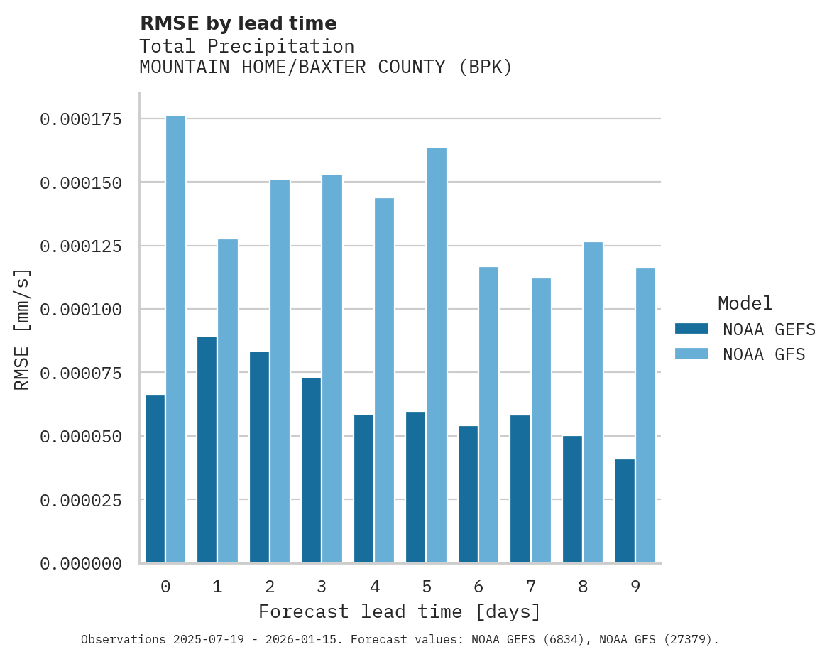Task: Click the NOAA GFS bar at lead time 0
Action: click(x=176, y=339)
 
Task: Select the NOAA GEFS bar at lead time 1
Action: click(x=207, y=450)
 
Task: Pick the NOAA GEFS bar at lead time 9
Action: click(x=625, y=511)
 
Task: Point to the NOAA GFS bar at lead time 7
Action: click(x=542, y=420)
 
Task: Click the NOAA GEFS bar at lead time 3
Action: click(x=312, y=470)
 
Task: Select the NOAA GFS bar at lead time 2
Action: click(x=280, y=371)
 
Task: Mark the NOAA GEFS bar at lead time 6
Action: click(x=469, y=494)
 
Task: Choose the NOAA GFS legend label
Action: click(x=764, y=354)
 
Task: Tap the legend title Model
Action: click(x=745, y=303)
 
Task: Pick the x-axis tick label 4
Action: click(x=374, y=587)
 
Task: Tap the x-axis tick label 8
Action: click(x=584, y=587)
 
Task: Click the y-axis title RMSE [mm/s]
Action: click(x=22, y=329)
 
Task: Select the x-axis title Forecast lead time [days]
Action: click(x=400, y=611)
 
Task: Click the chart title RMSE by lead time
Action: click(x=239, y=23)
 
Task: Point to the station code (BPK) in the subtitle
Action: click(x=486, y=67)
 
